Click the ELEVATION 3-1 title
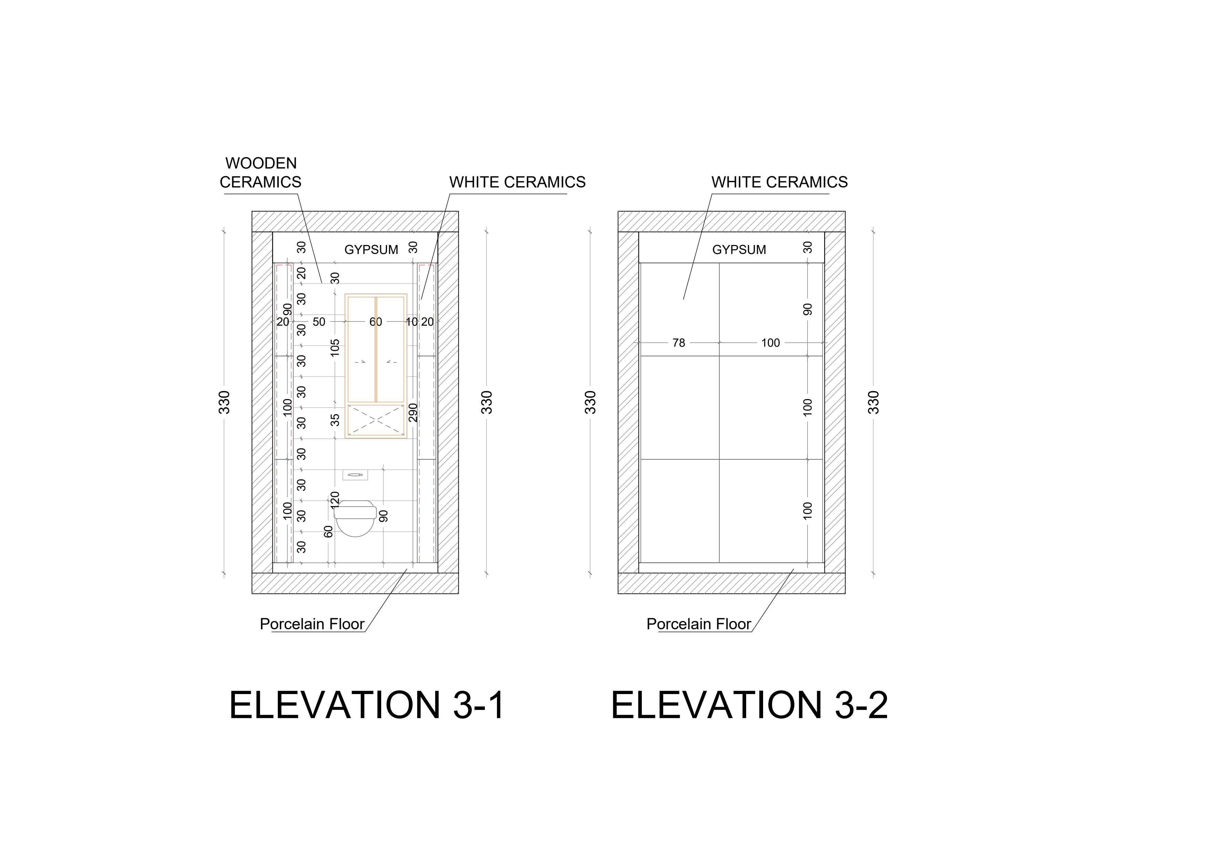367,705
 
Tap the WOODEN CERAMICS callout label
260,173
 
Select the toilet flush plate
355,475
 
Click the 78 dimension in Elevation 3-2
679,343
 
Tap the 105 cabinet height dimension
335,348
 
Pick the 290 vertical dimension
413,413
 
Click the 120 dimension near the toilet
335,499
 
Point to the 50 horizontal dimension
319,322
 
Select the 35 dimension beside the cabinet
335,420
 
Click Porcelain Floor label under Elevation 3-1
312,624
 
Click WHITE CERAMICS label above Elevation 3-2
779,182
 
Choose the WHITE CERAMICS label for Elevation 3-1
517,182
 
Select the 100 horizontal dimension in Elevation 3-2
770,343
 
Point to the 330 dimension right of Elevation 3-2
873,403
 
